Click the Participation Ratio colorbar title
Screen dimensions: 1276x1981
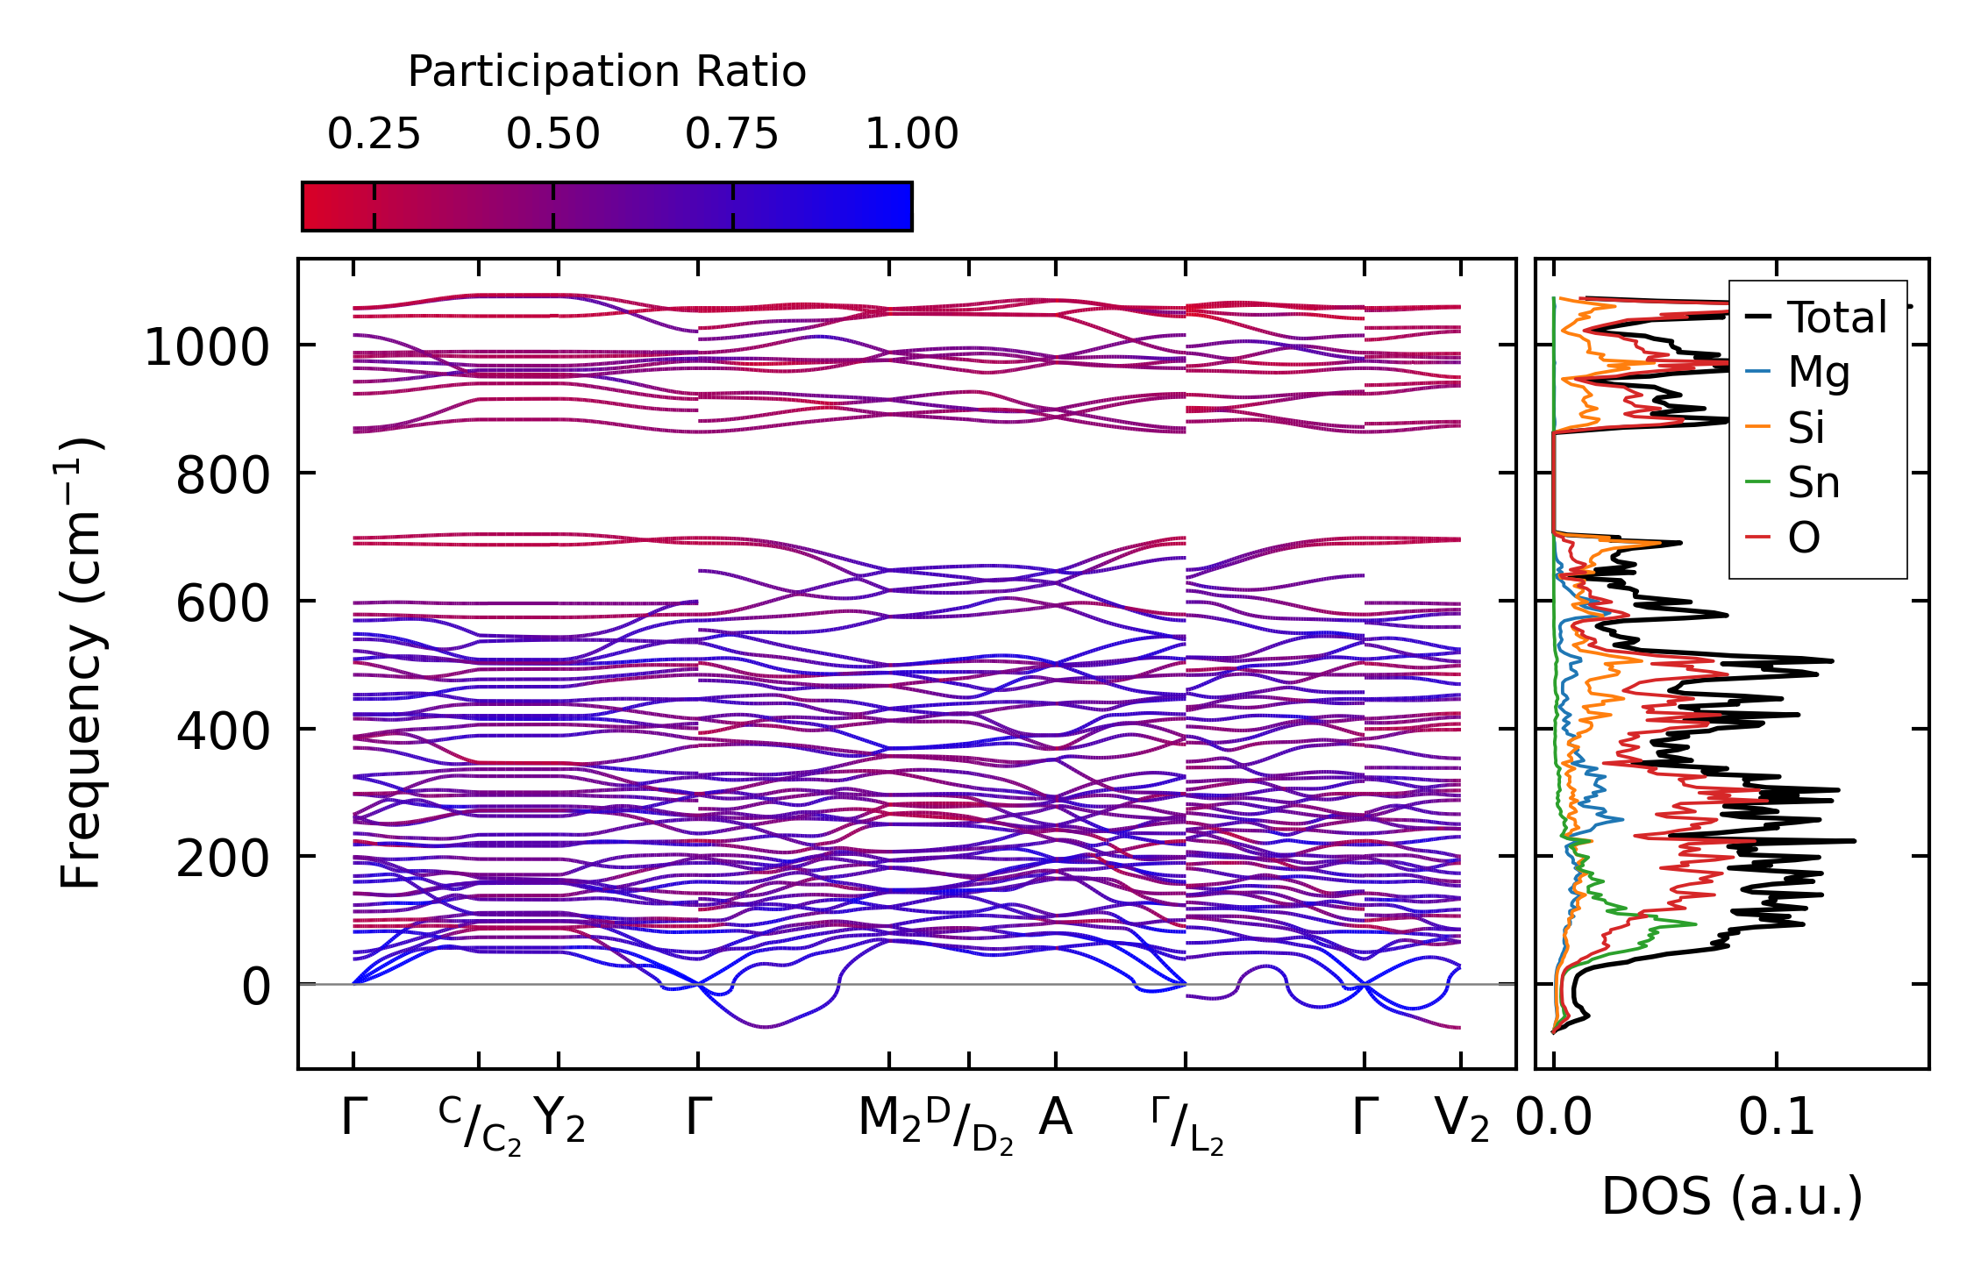point(607,72)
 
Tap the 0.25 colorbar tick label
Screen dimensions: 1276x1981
point(374,134)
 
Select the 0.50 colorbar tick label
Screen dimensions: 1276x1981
point(553,134)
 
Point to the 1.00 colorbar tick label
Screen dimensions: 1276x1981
point(912,134)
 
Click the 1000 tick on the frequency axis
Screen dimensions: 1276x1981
point(207,347)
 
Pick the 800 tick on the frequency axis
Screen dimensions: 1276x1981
point(223,476)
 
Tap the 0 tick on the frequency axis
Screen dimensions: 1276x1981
point(256,987)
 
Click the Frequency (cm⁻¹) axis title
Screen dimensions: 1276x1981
point(81,663)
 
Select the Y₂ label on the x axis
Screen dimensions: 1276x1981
point(559,1120)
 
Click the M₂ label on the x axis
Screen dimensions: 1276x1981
point(889,1120)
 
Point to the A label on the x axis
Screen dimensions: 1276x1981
point(1056,1118)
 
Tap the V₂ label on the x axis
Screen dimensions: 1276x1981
point(1462,1120)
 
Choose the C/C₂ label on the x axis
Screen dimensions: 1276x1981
point(480,1125)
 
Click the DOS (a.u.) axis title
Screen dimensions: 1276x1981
point(1732,1197)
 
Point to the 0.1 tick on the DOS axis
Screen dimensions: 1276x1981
point(1777,1120)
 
